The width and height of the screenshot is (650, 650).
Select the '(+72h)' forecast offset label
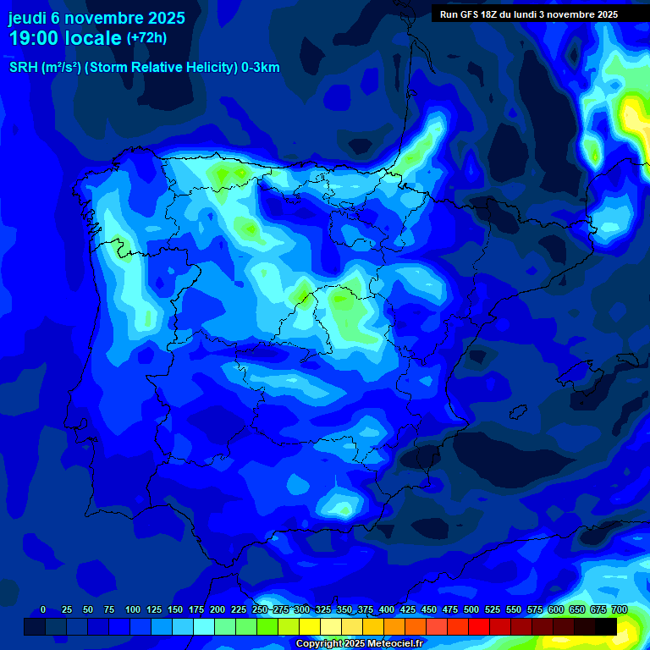(x=146, y=38)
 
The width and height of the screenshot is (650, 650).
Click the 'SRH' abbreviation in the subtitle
(x=23, y=68)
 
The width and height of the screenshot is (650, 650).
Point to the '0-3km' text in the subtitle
(x=260, y=68)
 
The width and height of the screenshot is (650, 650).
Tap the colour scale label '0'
(x=43, y=610)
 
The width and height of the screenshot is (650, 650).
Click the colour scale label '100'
(x=133, y=610)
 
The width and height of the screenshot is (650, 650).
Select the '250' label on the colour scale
(x=260, y=610)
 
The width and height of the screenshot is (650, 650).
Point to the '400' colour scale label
(x=387, y=610)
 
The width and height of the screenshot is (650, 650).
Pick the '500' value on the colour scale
(x=471, y=610)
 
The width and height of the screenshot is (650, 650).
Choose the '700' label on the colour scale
(x=620, y=610)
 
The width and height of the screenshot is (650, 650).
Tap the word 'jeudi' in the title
(x=26, y=18)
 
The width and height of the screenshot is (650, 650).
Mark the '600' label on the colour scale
(x=556, y=610)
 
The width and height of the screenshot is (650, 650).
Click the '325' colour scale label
(x=323, y=610)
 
